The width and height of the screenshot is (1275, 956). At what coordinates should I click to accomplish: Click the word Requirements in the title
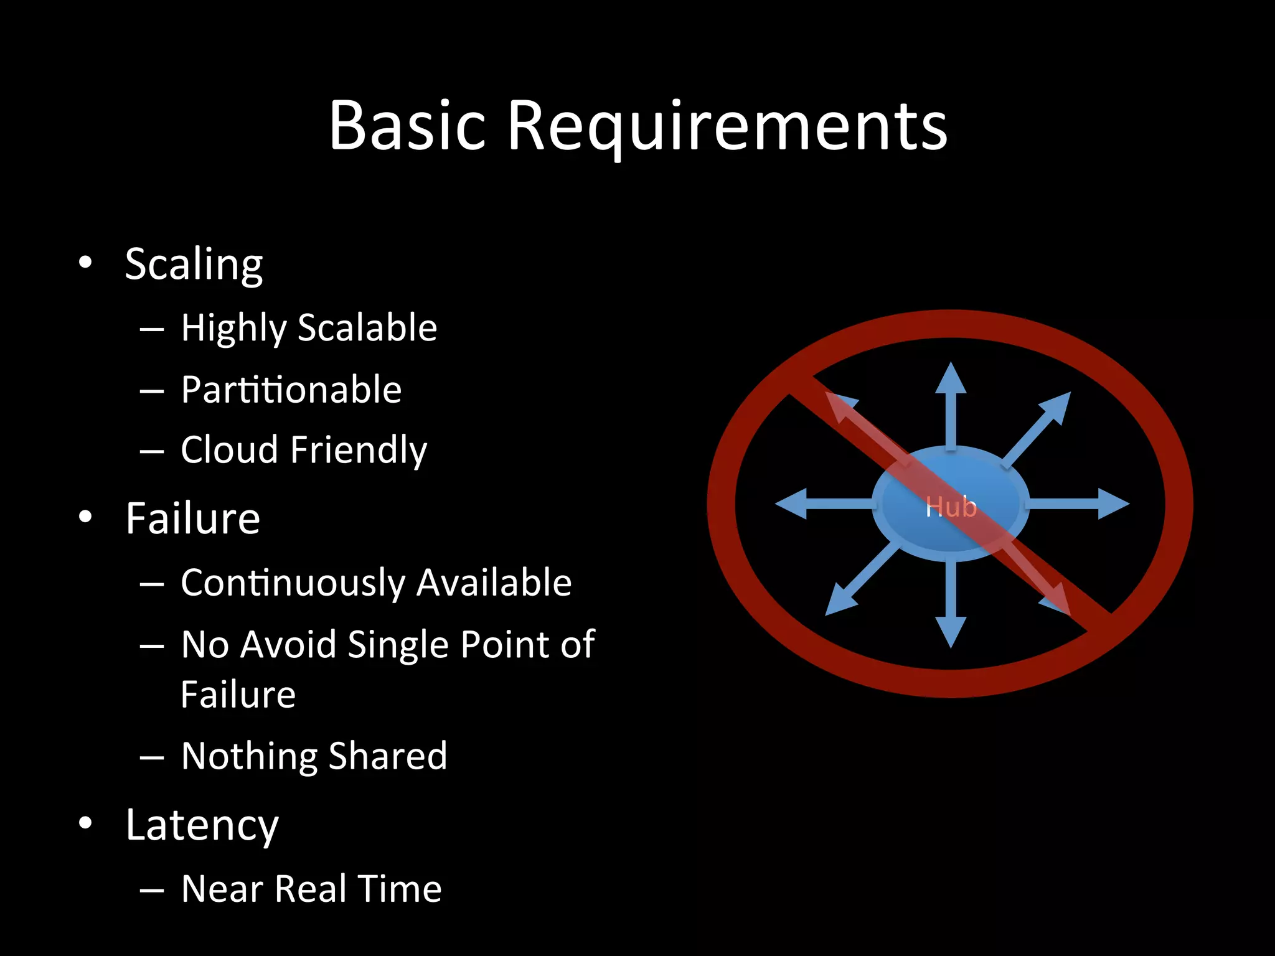[727, 128]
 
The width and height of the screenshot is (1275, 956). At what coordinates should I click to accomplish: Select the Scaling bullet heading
[194, 264]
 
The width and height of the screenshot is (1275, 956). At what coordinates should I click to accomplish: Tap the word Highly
[233, 328]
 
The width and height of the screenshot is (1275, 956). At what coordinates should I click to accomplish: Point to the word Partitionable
[291, 390]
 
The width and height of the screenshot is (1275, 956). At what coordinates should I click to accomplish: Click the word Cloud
[228, 449]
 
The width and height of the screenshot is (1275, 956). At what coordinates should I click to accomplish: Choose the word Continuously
[293, 583]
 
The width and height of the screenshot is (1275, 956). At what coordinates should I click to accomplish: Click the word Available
[494, 583]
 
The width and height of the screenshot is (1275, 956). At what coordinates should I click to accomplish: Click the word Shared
[387, 756]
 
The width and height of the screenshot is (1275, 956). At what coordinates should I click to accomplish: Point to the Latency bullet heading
[202, 825]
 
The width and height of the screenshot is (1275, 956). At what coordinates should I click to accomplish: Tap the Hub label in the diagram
[951, 507]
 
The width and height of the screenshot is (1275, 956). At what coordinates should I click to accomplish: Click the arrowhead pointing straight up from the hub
[951, 378]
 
